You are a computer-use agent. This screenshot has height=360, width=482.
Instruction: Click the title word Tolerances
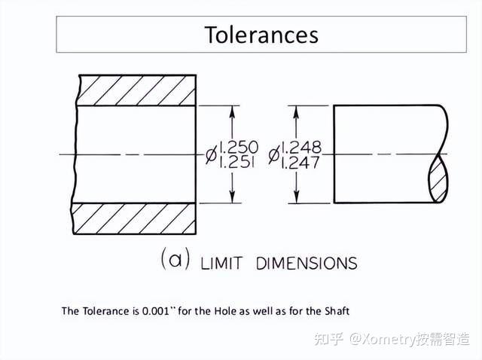261,35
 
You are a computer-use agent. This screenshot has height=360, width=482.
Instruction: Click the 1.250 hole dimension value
238,147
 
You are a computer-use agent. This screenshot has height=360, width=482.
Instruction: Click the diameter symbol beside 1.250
212,155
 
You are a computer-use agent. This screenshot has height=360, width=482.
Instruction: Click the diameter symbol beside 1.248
275,155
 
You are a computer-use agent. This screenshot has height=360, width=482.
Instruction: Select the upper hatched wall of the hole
136,90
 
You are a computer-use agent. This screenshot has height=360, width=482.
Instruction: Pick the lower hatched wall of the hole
136,218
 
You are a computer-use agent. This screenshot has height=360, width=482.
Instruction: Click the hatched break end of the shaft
439,179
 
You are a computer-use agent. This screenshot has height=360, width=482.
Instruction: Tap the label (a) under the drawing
175,260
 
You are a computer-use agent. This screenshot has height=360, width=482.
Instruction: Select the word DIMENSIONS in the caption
307,264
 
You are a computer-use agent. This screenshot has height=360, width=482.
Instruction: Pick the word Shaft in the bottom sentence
334,310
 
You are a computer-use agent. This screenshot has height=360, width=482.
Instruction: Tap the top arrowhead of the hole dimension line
233,110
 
